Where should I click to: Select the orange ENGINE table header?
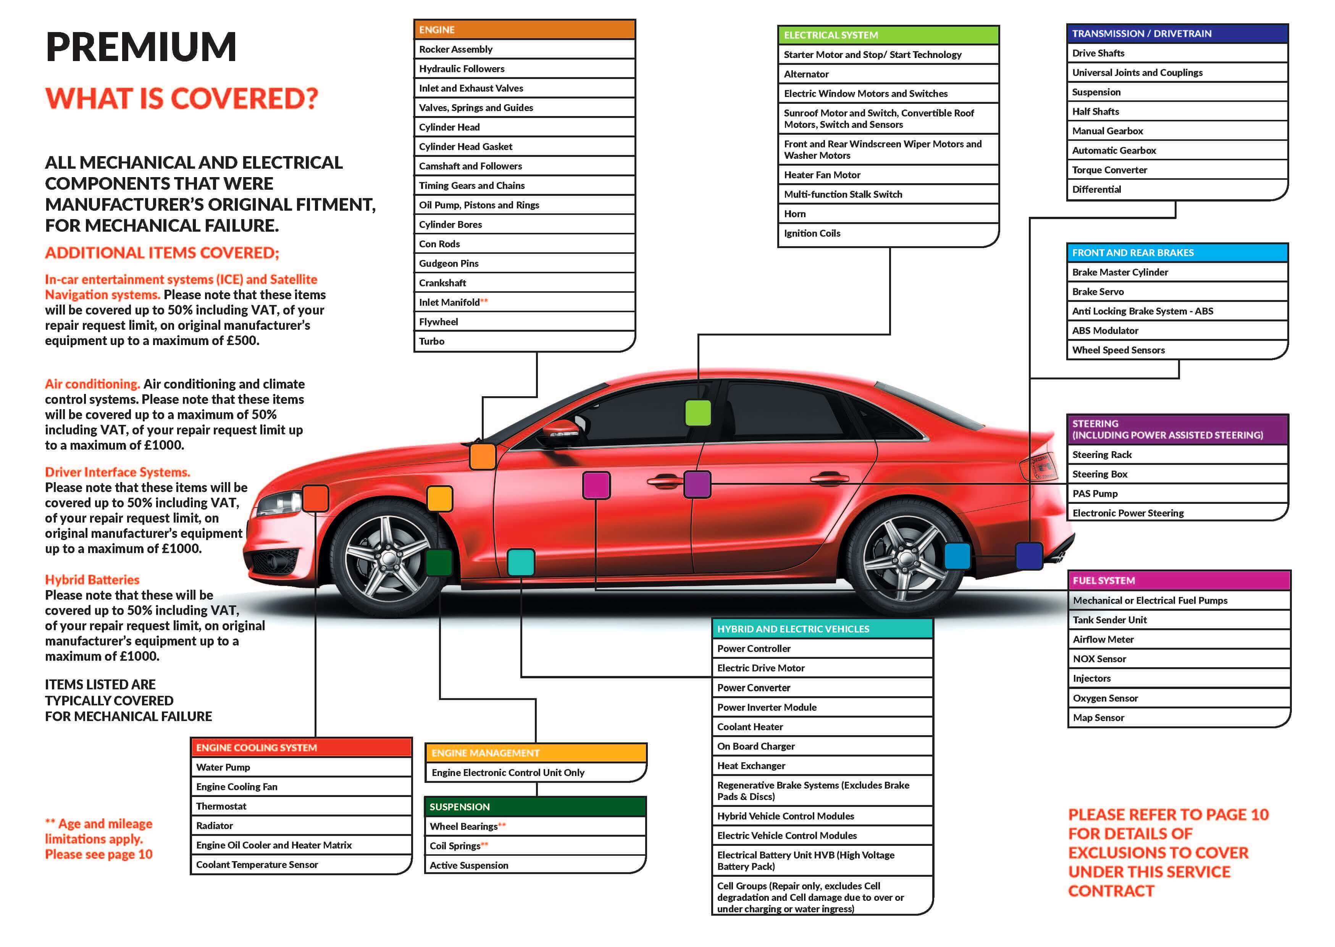tap(524, 29)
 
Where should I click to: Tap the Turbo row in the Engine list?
tap(524, 341)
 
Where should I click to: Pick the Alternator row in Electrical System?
tap(888, 74)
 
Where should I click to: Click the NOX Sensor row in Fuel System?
tap(1179, 659)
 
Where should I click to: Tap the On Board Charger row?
tap(822, 746)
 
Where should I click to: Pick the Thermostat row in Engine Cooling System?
tap(301, 806)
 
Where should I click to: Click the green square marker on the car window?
tap(697, 413)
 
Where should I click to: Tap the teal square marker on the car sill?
tap(521, 562)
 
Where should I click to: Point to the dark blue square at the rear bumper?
tap(1029, 556)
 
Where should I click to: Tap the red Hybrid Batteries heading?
tap(92, 580)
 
